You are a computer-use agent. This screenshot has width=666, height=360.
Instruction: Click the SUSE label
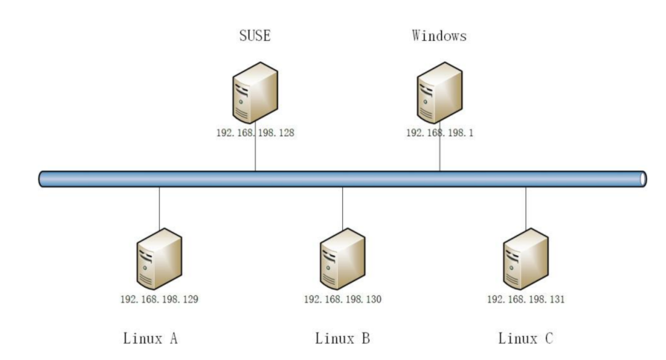coord(255,36)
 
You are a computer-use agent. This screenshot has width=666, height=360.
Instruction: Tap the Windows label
coord(439,36)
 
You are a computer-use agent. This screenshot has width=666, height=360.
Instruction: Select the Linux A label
coord(150,338)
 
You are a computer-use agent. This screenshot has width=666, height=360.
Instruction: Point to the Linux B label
coord(342,338)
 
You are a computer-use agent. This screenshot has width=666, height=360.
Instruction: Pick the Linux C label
coord(525,338)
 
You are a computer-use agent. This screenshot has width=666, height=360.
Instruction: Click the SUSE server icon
coord(255,92)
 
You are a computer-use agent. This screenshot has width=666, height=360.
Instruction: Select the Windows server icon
coord(440,92)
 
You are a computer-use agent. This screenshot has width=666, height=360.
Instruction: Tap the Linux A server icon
coord(159,259)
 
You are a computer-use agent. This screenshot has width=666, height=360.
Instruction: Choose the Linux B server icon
coord(342,259)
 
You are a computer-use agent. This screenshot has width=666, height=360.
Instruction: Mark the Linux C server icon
coord(526,259)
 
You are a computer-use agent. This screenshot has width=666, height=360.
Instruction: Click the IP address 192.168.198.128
coord(255,133)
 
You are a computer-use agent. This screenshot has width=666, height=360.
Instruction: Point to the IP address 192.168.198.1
coord(440,133)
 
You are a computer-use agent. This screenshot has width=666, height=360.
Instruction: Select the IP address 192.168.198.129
coord(159,300)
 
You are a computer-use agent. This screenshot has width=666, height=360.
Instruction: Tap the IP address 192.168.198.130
coord(342,300)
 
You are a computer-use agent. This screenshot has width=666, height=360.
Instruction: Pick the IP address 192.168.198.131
coord(526,300)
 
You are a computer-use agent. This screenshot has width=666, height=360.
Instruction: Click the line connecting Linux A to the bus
coord(159,208)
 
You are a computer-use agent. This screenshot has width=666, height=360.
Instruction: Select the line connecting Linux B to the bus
coord(342,208)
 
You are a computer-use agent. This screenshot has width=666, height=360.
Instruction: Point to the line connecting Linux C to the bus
coord(526,208)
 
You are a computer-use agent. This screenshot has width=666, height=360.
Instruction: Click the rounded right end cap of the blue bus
coord(643,179)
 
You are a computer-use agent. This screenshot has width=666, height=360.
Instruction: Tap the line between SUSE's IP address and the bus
coord(255,155)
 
